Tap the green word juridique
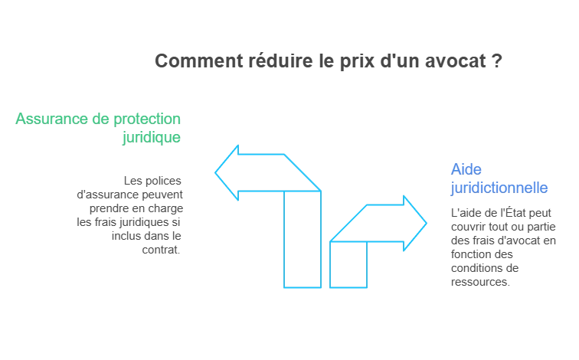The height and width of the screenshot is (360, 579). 153,138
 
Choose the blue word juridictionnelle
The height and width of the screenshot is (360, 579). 499,187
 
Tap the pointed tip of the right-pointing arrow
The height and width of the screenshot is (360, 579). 426,222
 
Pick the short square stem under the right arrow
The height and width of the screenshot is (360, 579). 348,265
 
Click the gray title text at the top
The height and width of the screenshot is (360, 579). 327,60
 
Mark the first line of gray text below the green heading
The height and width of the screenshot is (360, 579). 153,182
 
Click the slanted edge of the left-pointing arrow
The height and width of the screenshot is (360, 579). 303,173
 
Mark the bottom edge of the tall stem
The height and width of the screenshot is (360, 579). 302,288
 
